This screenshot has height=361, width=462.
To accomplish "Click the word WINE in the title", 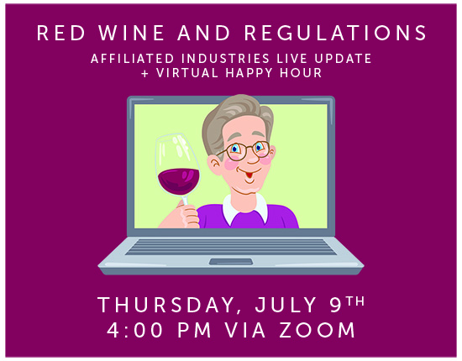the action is pos(131,33).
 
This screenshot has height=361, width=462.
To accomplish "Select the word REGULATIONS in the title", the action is pos(335,33).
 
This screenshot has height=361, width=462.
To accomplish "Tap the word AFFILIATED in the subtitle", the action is pos(133,58).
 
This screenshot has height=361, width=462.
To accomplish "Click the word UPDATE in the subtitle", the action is pos(343,58).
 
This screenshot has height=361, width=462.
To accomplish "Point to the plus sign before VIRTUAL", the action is pos(145,74).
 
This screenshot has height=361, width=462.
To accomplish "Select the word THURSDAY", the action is pos(165,306).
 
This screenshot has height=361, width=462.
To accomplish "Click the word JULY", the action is pos(286,305).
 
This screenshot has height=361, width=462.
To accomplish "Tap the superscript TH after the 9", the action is pos(355,301).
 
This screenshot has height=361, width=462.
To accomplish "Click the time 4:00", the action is pos(134,330).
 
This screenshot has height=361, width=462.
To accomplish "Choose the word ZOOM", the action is pos(317,330).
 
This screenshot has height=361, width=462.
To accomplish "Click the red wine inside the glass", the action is pos(179,180).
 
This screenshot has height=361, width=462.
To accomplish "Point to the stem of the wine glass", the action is pos(185,201).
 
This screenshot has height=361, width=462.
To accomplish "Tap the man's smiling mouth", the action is pos(249,174).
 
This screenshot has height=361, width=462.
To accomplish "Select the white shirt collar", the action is pos(244,207).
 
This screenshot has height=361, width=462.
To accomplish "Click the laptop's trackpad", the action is pos(231,261).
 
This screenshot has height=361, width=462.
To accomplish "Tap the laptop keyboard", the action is pos(230,247).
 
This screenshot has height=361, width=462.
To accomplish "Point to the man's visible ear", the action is pos(214,165).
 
